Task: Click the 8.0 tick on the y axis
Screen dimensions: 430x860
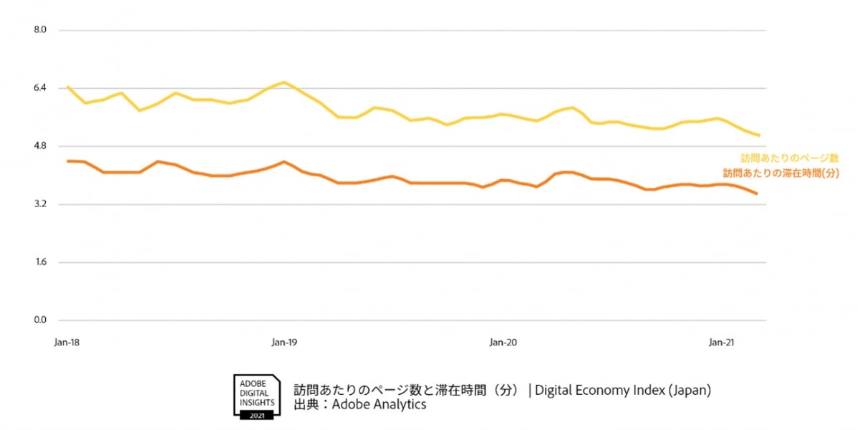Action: click(40, 30)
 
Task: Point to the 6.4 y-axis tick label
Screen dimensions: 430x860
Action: click(40, 88)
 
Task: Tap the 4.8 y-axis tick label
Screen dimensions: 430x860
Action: click(40, 146)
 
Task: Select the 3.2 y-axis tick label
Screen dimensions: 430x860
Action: click(40, 204)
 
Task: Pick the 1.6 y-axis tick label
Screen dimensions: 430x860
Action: click(40, 262)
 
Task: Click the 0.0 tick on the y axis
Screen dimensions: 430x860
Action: click(40, 320)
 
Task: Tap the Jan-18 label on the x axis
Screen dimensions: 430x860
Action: click(67, 343)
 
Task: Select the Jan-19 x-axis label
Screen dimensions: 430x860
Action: click(284, 343)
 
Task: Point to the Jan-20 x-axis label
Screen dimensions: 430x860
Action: click(503, 343)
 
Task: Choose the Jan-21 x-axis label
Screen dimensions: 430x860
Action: click(721, 343)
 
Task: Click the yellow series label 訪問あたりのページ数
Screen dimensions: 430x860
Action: click(789, 158)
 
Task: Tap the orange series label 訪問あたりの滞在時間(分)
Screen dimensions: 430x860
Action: click(781, 173)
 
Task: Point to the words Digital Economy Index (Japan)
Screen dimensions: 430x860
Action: click(622, 391)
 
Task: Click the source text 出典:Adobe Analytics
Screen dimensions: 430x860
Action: click(359, 405)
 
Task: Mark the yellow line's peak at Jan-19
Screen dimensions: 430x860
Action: click(284, 82)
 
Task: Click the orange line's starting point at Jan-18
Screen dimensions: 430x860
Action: click(67, 161)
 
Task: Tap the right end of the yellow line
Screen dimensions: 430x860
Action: click(759, 135)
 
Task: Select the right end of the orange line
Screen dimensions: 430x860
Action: click(757, 193)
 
